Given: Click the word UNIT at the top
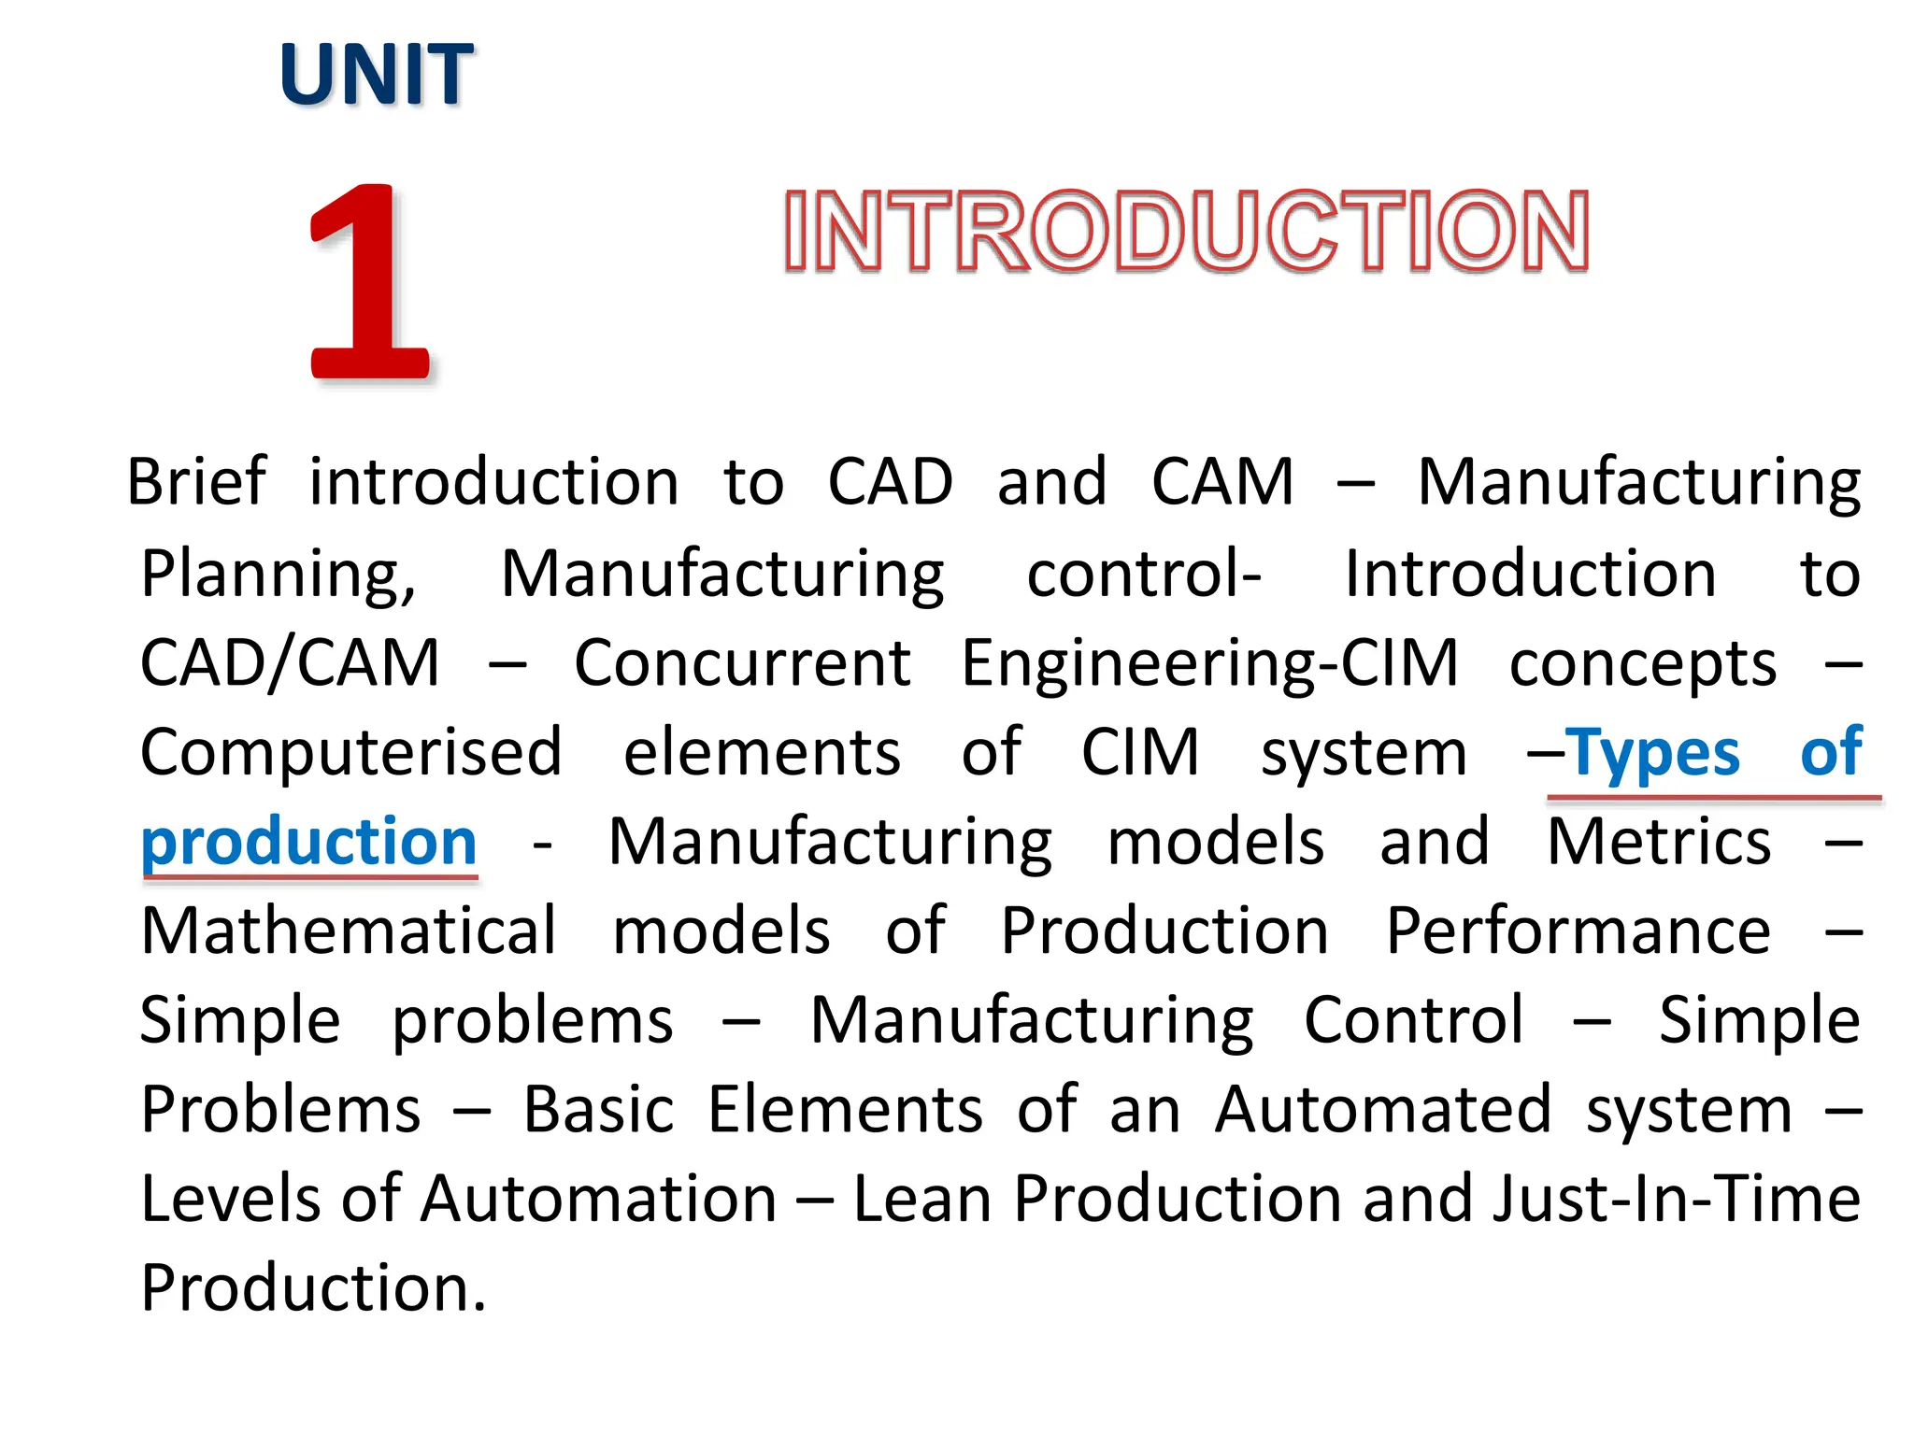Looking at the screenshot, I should coord(377,75).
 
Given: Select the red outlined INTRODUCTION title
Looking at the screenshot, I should coord(1186,232).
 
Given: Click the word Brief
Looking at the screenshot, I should coord(197,483).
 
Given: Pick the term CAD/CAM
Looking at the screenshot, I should coord(290,663).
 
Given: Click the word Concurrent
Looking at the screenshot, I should coord(742,663).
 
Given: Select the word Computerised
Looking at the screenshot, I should coord(351,753).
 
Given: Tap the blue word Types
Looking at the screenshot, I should coord(1652,753).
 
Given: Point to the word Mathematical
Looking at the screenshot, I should coord(349,931).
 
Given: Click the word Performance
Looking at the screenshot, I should coord(1578,931).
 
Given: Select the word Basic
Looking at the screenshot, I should coord(598,1110).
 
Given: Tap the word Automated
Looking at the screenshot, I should coord(1383,1110).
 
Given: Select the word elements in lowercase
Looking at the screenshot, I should coord(762,753).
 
